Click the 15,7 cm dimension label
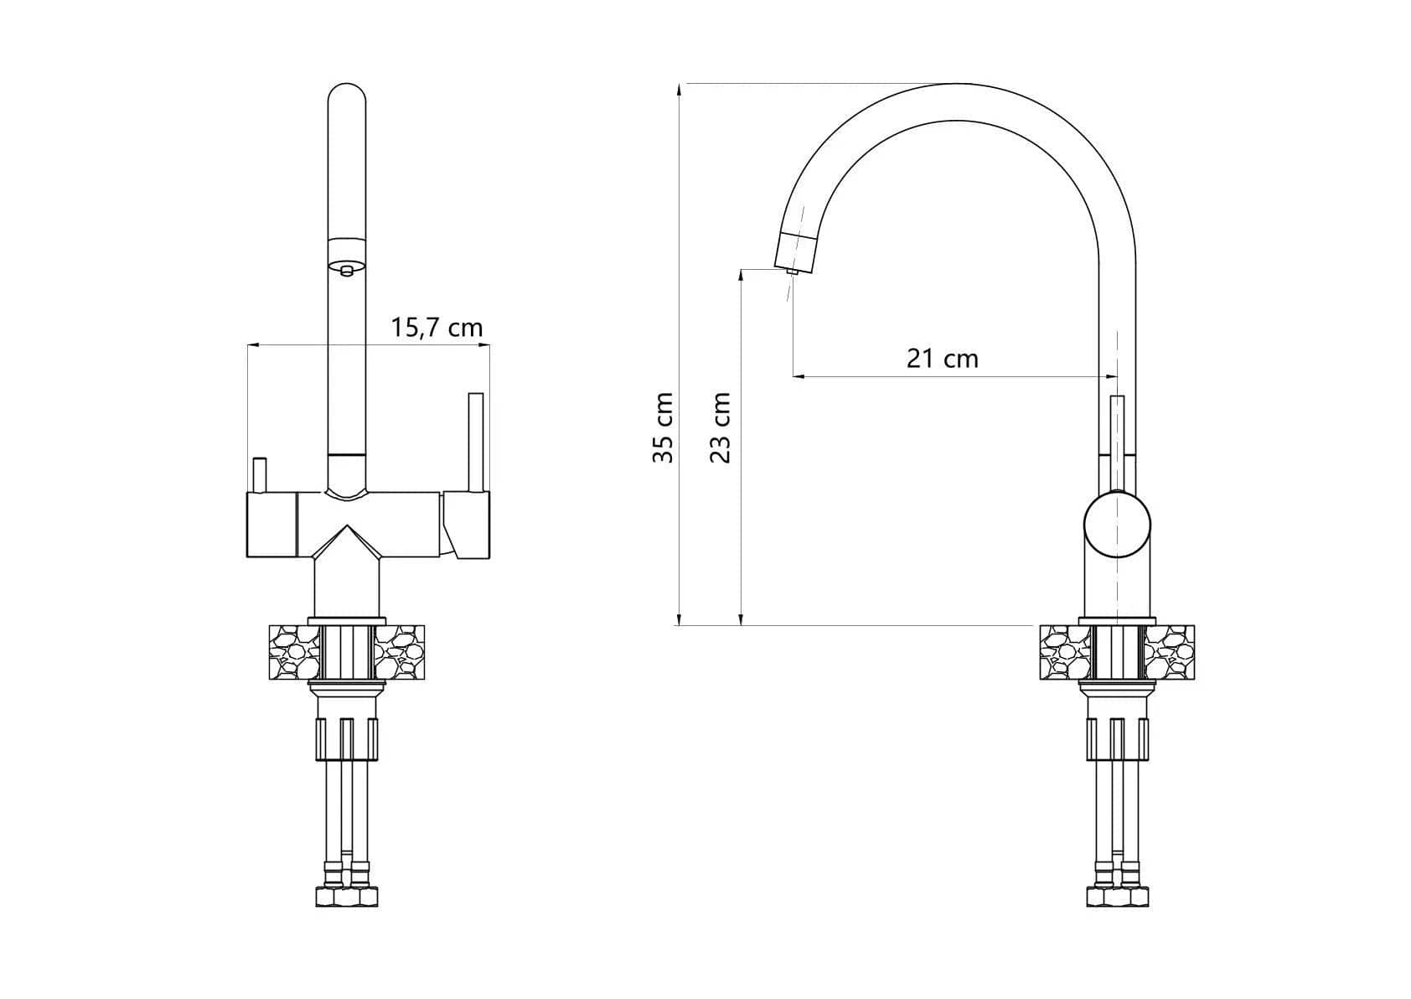[x=437, y=328]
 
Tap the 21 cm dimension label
[x=943, y=359]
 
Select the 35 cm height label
[x=663, y=427]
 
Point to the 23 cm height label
[x=720, y=427]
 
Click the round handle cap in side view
[x=1117, y=525]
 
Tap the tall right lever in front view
[x=476, y=443]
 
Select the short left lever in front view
[x=259, y=475]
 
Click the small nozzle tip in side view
[x=793, y=272]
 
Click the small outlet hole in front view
[x=346, y=270]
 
